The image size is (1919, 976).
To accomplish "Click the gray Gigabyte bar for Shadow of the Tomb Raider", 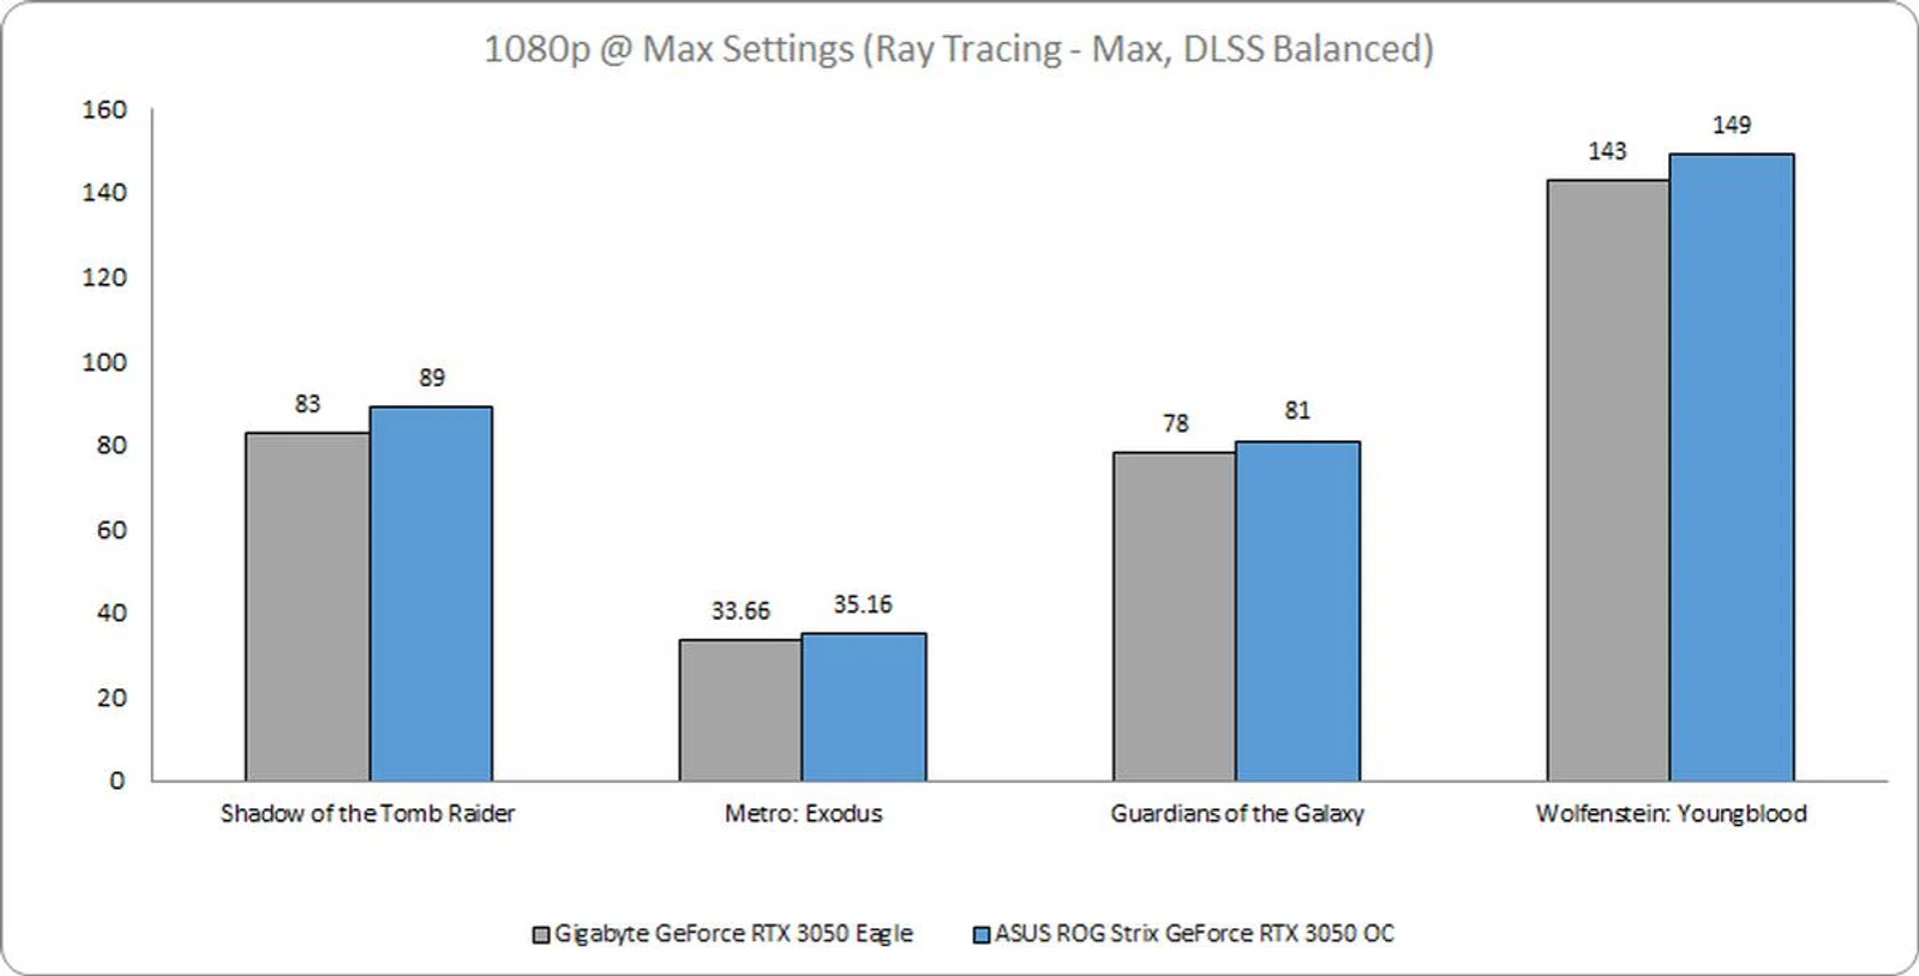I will click(308, 606).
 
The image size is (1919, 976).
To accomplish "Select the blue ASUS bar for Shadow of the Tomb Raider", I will click(431, 593).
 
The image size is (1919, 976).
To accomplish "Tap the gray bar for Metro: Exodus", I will click(741, 710).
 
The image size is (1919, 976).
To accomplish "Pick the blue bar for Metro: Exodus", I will click(864, 706).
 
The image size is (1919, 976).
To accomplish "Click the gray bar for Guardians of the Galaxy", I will click(1174, 616).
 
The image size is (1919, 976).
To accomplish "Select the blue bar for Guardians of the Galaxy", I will click(1297, 610).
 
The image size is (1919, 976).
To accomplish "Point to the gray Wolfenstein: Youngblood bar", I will click(1608, 480).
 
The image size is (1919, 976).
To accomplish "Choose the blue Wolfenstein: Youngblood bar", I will click(1731, 467).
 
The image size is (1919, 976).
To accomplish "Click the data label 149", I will click(1731, 125).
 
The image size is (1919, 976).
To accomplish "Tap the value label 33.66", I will click(741, 611).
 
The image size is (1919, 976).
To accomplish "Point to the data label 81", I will click(1297, 411).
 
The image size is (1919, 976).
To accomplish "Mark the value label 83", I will click(308, 404).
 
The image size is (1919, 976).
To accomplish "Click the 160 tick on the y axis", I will click(105, 109).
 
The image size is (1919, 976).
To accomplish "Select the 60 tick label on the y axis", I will click(112, 530).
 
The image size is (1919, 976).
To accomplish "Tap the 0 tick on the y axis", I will click(118, 780).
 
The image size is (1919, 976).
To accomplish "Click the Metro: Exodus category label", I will click(804, 813).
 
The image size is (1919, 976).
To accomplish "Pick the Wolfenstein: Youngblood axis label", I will click(1671, 813).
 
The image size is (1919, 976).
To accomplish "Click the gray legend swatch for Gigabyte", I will click(541, 935).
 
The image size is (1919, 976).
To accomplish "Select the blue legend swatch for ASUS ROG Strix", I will click(981, 935).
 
